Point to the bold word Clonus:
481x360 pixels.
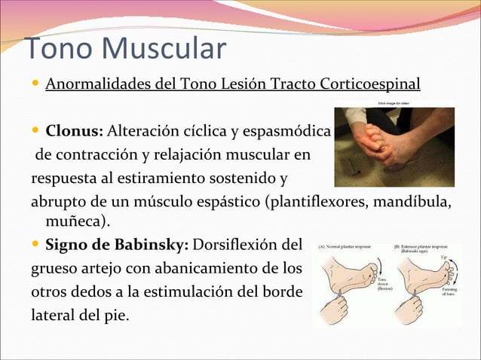click(74, 133)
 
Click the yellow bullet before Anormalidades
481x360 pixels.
click(35, 82)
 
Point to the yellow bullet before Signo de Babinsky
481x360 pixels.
click(35, 245)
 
